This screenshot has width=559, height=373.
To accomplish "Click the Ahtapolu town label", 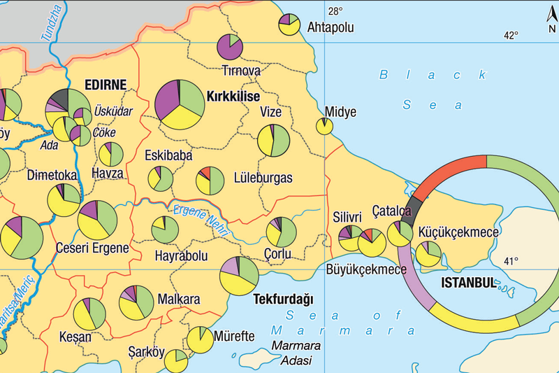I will [x=331, y=28].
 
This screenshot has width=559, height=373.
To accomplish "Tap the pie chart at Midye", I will [x=324, y=126].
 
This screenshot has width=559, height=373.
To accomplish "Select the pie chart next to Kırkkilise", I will [x=179, y=104].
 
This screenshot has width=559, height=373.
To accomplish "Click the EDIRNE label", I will [x=105, y=85].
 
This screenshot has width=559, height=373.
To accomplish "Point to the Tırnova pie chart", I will [x=230, y=47].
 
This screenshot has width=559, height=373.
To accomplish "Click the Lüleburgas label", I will [x=263, y=178].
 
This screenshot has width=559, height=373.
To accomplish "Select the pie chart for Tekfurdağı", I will [x=239, y=276].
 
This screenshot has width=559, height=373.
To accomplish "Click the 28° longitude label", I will [x=336, y=10].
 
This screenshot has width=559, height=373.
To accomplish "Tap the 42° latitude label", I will [x=511, y=35].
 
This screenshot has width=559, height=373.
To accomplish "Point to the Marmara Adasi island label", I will [x=296, y=353].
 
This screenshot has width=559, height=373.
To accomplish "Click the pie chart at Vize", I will [x=273, y=141].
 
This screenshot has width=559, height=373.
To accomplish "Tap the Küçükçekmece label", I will [x=458, y=231].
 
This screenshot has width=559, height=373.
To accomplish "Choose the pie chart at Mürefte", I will [x=200, y=339].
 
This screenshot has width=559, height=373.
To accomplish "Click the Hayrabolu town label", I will [x=180, y=256].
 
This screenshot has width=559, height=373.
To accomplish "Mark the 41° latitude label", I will [x=511, y=262].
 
